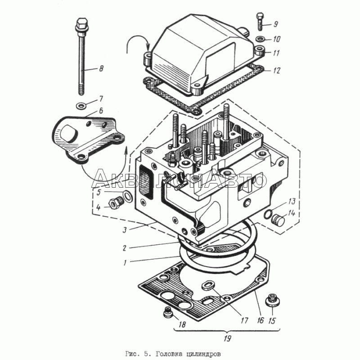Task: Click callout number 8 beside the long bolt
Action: [x=101, y=69]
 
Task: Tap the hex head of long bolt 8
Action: [x=81, y=22]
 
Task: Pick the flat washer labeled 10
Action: [x=261, y=39]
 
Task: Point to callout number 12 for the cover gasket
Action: [x=276, y=70]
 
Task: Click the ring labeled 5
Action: [x=127, y=196]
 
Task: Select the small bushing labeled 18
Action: [x=168, y=311]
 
